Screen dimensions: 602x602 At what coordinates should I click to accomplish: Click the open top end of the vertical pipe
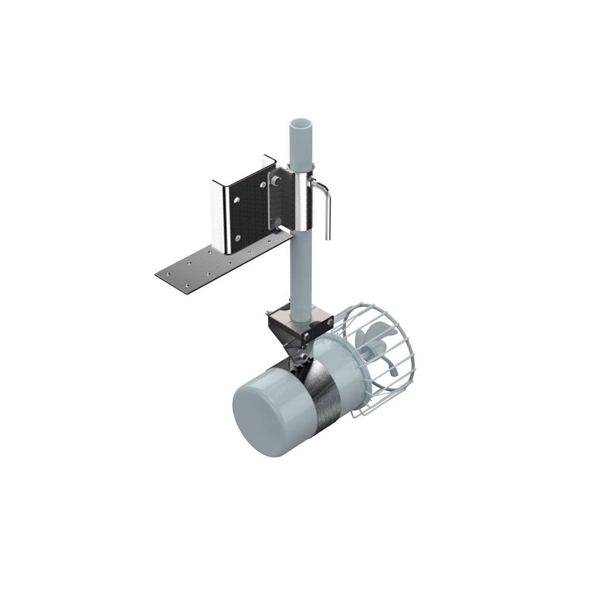(300, 125)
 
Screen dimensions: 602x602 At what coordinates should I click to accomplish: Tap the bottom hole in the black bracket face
(237, 238)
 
